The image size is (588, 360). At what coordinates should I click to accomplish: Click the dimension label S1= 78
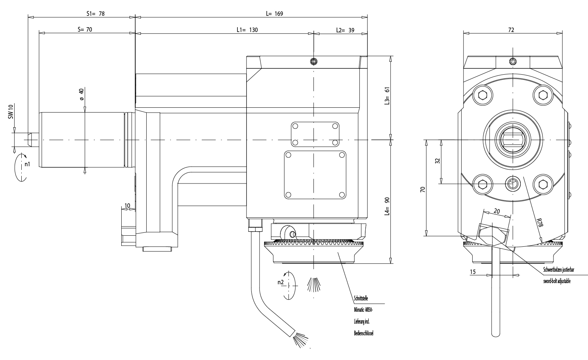point(95,14)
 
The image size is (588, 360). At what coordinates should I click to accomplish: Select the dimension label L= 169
point(274,14)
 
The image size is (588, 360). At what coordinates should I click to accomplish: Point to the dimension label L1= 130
point(247,30)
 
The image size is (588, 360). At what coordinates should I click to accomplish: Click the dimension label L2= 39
point(345,30)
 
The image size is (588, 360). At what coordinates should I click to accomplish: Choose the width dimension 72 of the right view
point(511,30)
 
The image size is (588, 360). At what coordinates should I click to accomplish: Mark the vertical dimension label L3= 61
point(387,97)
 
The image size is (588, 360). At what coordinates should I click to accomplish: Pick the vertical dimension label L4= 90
point(387,206)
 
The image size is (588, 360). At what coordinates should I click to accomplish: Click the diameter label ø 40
point(81,94)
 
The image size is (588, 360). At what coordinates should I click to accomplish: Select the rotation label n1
point(27,164)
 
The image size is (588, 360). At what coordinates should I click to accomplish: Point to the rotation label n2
point(280,282)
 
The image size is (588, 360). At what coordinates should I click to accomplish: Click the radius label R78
point(539,224)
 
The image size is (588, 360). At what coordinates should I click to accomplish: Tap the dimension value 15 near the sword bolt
point(473,272)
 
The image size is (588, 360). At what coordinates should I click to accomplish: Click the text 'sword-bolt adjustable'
point(557,281)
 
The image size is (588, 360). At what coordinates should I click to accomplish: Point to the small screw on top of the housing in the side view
point(313,61)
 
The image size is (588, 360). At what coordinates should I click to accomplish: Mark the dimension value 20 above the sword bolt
point(496,211)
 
